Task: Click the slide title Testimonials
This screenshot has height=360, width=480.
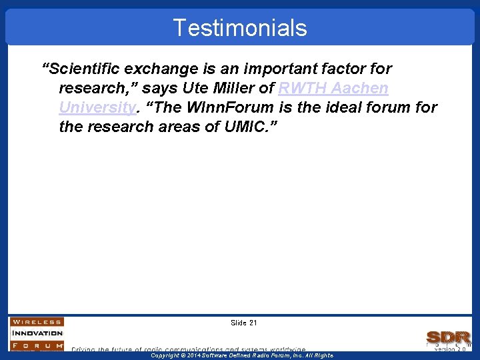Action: (x=240, y=28)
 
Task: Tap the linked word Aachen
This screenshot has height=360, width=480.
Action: (x=361, y=88)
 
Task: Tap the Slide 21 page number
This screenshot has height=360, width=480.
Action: (x=243, y=323)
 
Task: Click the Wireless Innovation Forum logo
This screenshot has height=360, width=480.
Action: (x=37, y=333)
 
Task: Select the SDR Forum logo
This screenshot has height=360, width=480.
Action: (x=449, y=338)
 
